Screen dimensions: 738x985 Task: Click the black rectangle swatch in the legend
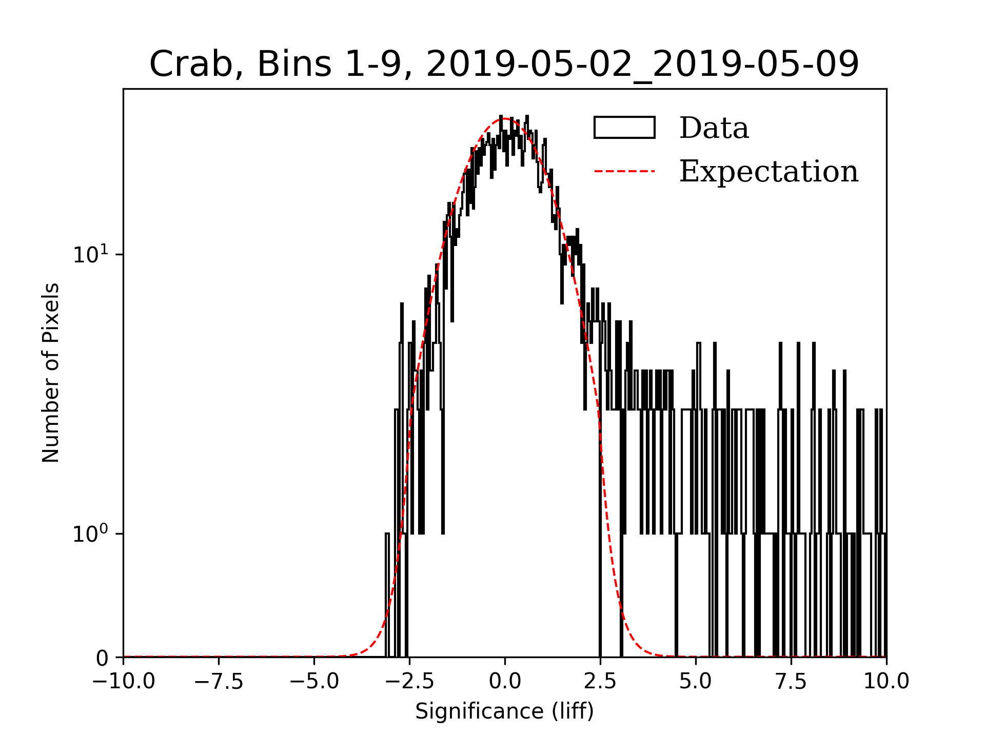pos(624,128)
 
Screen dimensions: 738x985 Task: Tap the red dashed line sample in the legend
pos(624,171)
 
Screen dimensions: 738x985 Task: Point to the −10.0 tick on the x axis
pos(123,681)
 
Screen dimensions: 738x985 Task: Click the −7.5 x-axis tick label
pos(219,681)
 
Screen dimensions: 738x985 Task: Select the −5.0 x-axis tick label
pos(314,681)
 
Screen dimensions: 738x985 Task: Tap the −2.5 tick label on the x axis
pos(409,681)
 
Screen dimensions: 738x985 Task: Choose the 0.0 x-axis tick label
pos(505,681)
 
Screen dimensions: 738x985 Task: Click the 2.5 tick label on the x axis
pos(600,681)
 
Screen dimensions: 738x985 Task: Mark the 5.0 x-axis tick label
pos(696,681)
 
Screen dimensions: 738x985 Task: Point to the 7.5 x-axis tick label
pos(791,681)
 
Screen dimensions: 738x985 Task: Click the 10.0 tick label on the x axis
pos(886,681)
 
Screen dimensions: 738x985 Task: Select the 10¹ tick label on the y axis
pos(91,254)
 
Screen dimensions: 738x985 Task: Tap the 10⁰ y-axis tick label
pos(91,534)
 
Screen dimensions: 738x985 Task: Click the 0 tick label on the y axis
pos(102,658)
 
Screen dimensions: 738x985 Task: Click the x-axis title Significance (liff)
pos(504,711)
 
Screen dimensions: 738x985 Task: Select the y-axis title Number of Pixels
pos(51,373)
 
